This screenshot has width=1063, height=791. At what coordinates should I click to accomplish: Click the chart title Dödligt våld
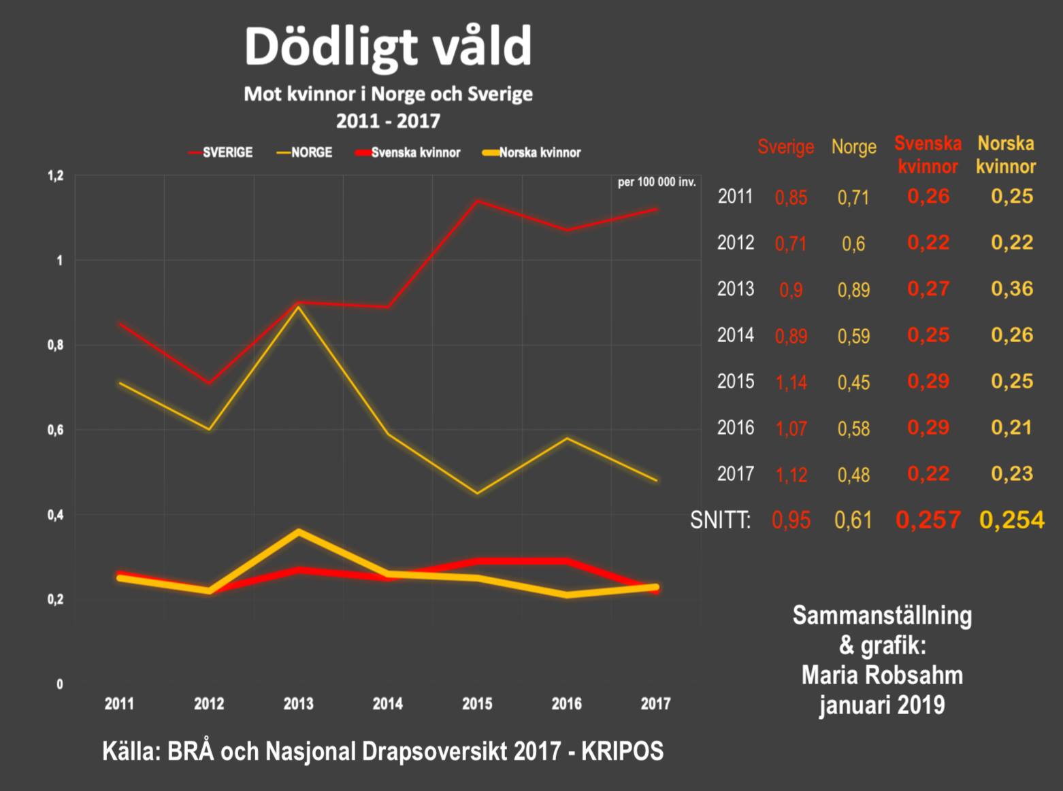pyautogui.click(x=388, y=46)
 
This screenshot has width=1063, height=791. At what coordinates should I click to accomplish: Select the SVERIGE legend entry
pyautogui.click(x=227, y=152)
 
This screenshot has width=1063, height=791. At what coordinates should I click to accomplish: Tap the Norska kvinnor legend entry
pyautogui.click(x=540, y=152)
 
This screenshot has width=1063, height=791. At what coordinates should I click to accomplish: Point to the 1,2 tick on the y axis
pyautogui.click(x=55, y=176)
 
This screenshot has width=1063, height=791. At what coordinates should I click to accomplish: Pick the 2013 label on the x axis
pyautogui.click(x=298, y=703)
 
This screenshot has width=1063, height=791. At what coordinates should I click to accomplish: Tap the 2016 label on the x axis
pyautogui.click(x=566, y=703)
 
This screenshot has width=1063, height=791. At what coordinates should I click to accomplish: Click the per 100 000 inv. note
pyautogui.click(x=657, y=182)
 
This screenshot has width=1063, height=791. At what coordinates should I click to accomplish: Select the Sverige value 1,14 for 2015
pyautogui.click(x=791, y=382)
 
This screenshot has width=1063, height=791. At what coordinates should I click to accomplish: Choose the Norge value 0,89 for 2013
pyautogui.click(x=853, y=290)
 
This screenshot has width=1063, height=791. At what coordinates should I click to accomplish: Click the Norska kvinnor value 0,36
pyautogui.click(x=1012, y=288)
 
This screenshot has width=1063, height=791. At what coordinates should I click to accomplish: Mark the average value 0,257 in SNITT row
pyautogui.click(x=928, y=520)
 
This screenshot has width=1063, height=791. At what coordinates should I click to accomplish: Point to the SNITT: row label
pyautogui.click(x=721, y=520)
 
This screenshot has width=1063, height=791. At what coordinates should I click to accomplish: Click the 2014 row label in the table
pyautogui.click(x=736, y=335)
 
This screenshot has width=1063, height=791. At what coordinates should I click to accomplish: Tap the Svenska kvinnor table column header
pyautogui.click(x=928, y=155)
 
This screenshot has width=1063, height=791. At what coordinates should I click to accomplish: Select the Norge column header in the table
pyautogui.click(x=853, y=147)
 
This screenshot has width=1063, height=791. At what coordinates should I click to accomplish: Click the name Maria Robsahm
pyautogui.click(x=882, y=675)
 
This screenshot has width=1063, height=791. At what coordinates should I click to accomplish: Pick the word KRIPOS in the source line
pyautogui.click(x=622, y=751)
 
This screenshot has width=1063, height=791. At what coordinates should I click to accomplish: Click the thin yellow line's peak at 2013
pyautogui.click(x=298, y=307)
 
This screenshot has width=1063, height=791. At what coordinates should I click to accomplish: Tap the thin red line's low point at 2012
pyautogui.click(x=209, y=383)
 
